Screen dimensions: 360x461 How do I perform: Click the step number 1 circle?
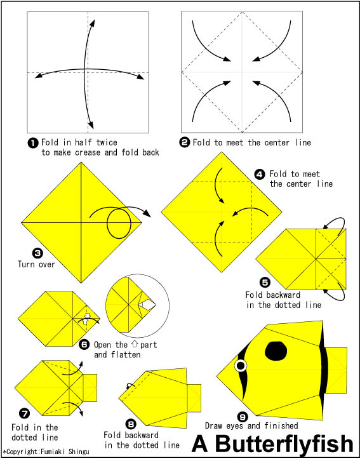[x=33, y=143]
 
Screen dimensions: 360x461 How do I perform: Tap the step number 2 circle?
[x=184, y=143]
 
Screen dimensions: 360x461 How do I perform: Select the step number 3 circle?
[x=37, y=253]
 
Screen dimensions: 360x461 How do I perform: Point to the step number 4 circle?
[x=260, y=175]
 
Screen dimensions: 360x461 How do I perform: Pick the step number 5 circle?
[x=265, y=282]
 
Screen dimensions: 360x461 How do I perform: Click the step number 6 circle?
[x=84, y=344]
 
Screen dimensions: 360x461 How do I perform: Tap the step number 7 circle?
[x=24, y=413]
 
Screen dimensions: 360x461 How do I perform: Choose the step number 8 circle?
[x=131, y=424]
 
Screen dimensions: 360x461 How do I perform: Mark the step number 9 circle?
[x=243, y=417]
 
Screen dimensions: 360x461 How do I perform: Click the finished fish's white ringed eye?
[x=241, y=366]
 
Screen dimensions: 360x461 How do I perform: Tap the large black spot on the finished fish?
[x=276, y=351]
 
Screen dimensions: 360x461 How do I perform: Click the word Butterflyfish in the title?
[x=284, y=444]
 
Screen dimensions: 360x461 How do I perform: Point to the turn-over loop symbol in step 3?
[x=119, y=224]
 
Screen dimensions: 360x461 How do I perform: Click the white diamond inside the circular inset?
[x=147, y=305]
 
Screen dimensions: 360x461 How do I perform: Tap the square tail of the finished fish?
[x=337, y=370]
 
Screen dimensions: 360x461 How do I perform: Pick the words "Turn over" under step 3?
[x=36, y=264]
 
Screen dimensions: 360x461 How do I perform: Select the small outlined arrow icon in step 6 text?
[x=135, y=344]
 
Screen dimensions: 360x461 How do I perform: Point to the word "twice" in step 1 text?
[x=107, y=143]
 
